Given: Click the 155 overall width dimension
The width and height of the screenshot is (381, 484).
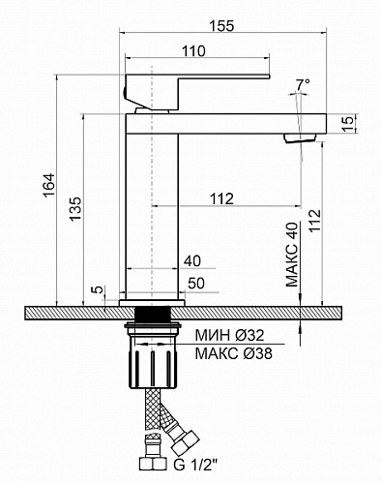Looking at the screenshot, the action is pyautogui.click(x=221, y=26).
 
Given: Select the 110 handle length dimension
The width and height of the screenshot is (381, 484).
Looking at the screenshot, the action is pyautogui.click(x=193, y=51).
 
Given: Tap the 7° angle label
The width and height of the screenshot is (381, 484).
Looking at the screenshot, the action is pyautogui.click(x=303, y=84).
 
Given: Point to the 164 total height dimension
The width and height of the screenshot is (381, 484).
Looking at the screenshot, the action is pyautogui.click(x=49, y=185).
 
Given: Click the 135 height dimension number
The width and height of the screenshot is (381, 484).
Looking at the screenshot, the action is pyautogui.click(x=76, y=209).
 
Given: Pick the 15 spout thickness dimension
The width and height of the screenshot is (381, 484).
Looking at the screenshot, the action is pyautogui.click(x=348, y=124).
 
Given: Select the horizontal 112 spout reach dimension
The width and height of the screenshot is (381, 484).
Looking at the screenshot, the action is pyautogui.click(x=221, y=198).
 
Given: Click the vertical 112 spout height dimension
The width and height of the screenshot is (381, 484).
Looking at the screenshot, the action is pyautogui.click(x=314, y=220).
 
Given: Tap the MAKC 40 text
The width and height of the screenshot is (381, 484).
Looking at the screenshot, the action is pyautogui.click(x=292, y=255).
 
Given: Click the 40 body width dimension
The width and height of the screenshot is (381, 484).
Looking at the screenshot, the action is pyautogui.click(x=192, y=260).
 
